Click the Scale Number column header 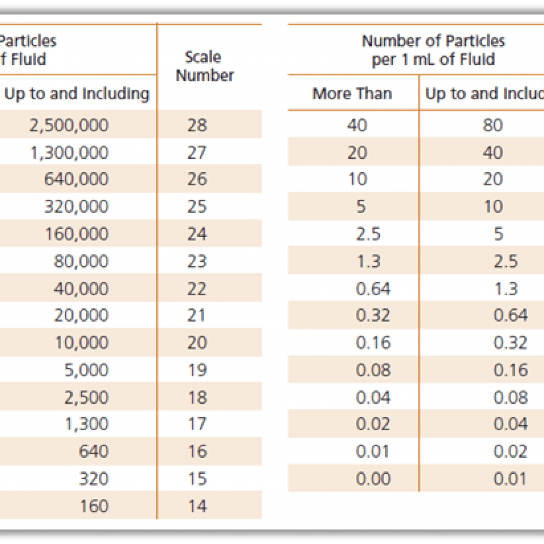pos(205,66)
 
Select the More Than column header pos(352,94)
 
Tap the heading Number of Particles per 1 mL pos(433,50)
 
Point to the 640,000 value pos(76,180)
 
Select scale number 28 pos(197,125)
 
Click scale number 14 pos(197,506)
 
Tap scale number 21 pos(197,316)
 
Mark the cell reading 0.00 pos(373,479)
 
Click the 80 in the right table pos(492,125)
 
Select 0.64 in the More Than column pos(373,288)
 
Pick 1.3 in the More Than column pos(368,261)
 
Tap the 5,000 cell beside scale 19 pos(86,370)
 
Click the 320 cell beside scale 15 pos(93,479)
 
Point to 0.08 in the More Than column pos(373,370)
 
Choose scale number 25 pos(197,207)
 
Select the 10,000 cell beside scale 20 pos(81,343)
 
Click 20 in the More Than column pos(357,153)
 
